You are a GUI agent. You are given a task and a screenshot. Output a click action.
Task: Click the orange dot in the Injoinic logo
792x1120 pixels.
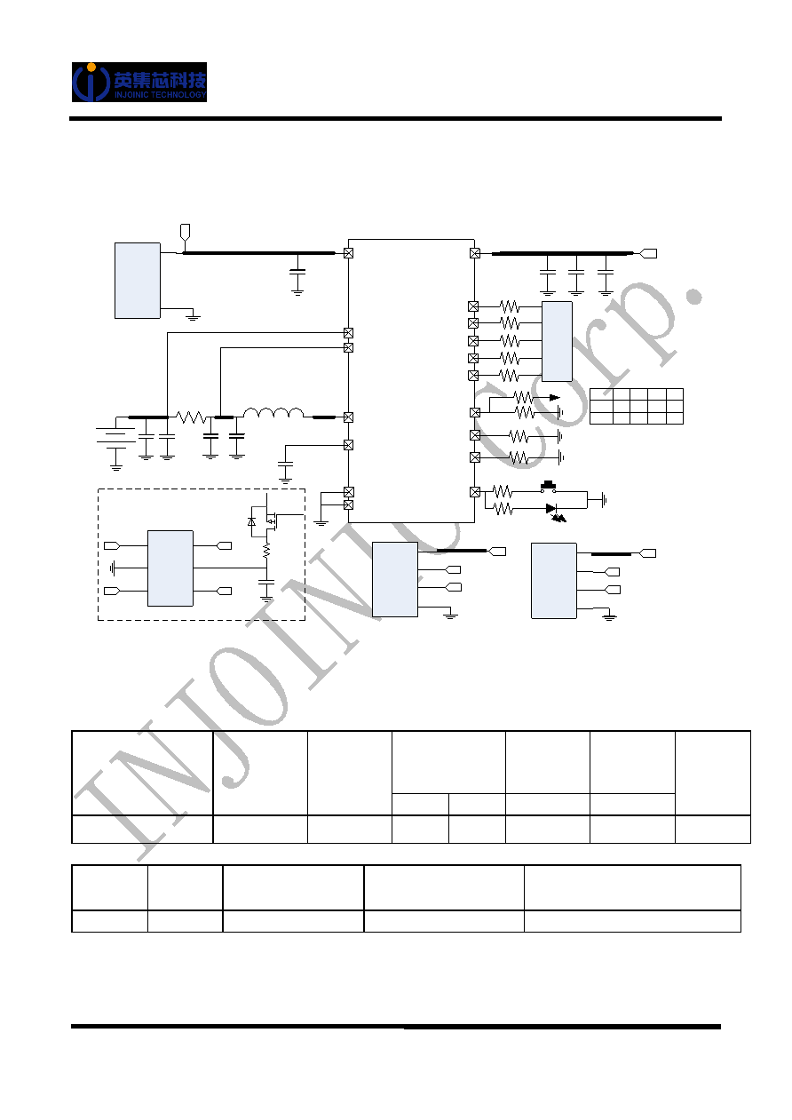pos(91,67)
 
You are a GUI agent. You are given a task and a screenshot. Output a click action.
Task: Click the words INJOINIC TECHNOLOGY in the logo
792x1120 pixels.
pos(160,94)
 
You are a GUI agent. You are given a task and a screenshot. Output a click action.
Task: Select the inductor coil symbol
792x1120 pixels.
pos(273,412)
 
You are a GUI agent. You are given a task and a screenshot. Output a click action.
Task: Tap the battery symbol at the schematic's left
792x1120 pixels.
pos(115,435)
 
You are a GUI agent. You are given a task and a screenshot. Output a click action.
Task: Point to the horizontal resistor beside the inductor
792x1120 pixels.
pos(190,417)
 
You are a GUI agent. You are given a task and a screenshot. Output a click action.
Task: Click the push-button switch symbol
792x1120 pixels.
pos(549,487)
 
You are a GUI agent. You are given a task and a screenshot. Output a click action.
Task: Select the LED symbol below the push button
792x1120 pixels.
pos(555,512)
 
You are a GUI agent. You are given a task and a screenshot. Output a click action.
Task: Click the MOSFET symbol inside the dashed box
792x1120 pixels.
pos(270,520)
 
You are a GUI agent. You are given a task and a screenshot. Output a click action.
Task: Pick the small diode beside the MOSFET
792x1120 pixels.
pos(251,521)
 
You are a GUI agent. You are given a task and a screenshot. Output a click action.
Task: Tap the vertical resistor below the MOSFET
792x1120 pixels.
pos(267,551)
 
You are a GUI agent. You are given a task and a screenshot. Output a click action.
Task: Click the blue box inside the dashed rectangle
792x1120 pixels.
pos(170,568)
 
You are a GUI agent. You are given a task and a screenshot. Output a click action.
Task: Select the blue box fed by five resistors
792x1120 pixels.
pos(557,341)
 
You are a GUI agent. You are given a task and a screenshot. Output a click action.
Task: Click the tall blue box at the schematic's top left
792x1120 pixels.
pos(138,281)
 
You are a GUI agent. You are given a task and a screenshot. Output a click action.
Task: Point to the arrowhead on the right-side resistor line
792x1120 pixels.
pos(554,398)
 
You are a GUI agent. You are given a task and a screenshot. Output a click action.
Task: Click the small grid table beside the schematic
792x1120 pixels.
pos(637,407)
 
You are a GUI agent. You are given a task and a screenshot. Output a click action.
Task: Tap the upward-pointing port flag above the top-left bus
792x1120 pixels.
pos(185,231)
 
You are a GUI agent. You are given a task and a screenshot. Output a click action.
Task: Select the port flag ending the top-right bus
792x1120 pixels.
pos(648,253)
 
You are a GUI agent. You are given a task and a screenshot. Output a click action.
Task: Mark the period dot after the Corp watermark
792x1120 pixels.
pos(694,296)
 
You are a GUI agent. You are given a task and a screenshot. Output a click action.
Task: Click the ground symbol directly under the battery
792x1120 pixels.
pos(116,467)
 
